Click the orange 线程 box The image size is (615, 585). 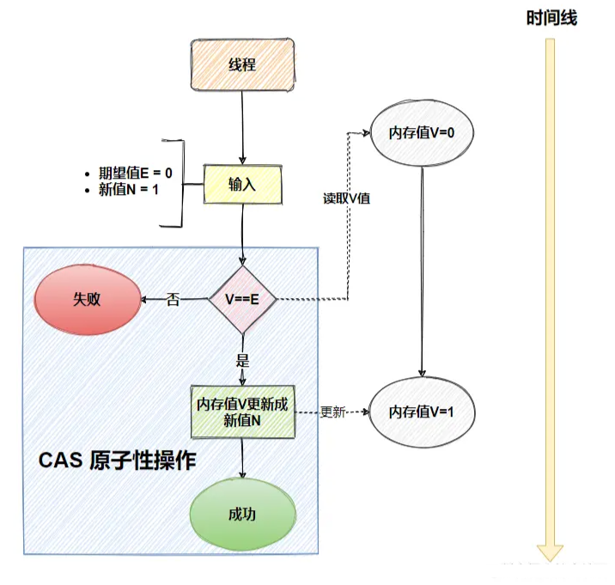tap(242, 64)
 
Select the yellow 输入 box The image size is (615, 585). tap(242, 184)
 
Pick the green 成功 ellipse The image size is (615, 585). tap(242, 515)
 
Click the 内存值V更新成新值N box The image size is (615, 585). tap(242, 412)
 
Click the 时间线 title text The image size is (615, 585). tap(551, 18)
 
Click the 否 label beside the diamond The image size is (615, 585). tap(173, 300)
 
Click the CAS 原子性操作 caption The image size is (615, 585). tap(118, 460)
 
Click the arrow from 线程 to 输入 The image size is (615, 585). tap(243, 125)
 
